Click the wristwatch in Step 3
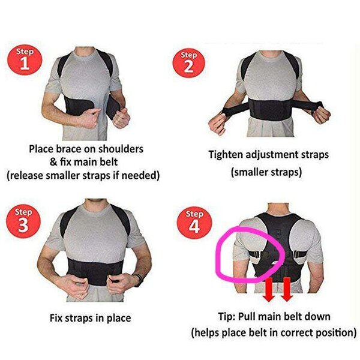tap(139, 280)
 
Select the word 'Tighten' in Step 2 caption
tap(226, 154)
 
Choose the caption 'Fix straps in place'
tap(89, 317)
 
